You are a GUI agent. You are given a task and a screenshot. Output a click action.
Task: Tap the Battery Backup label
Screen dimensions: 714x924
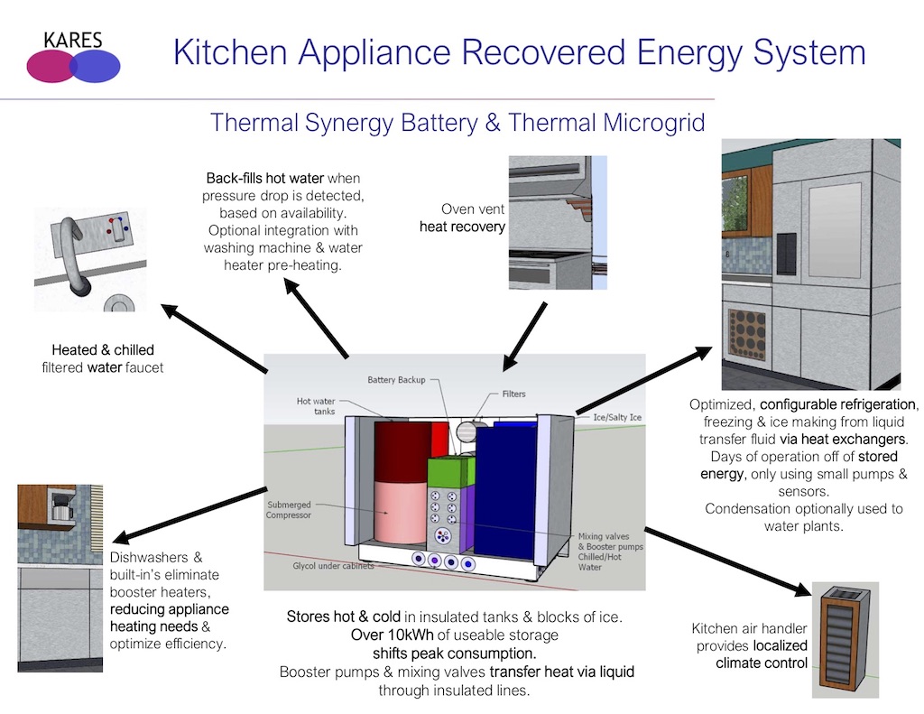(396, 380)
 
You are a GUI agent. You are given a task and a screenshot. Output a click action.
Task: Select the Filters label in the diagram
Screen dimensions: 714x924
(513, 394)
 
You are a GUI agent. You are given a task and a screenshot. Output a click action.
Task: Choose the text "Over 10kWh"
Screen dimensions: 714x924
(328, 635)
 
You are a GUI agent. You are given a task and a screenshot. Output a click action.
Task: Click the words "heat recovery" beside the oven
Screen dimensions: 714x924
(462, 227)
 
